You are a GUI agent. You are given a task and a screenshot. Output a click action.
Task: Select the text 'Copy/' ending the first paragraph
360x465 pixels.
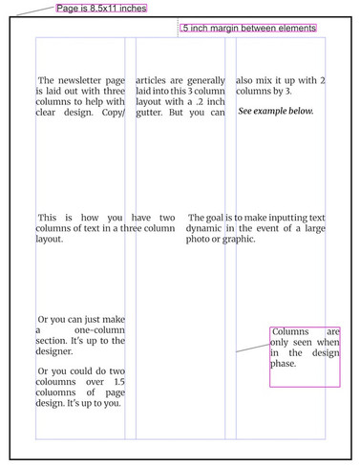[114, 113]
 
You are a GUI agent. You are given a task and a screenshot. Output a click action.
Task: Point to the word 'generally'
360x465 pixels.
[206, 80]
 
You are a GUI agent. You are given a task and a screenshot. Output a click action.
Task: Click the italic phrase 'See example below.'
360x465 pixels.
[276, 111]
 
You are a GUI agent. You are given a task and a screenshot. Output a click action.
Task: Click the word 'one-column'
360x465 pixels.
[99, 330]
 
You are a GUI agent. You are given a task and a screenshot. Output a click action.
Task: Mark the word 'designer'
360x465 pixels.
[54, 351]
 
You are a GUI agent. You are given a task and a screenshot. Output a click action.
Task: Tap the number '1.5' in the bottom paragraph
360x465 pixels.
[119, 382]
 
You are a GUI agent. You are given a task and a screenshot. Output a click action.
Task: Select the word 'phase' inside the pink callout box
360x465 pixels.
[283, 364]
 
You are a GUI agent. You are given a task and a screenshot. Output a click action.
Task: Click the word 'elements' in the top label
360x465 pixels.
[297, 28]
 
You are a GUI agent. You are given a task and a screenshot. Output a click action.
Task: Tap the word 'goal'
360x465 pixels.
[215, 218]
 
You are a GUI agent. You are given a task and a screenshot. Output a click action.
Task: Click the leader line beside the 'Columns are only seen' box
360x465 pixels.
[253, 348]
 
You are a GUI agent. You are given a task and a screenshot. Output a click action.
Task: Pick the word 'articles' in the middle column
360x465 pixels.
[151, 80]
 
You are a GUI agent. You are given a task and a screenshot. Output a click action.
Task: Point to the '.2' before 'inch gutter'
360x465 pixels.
[200, 102]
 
